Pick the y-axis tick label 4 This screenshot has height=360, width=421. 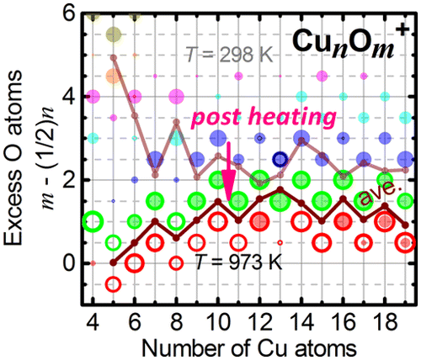(x=70, y=97)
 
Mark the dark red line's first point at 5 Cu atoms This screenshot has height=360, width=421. (x=114, y=262)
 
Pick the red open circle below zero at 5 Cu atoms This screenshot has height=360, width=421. (x=114, y=283)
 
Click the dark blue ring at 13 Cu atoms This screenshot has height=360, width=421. (x=281, y=160)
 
